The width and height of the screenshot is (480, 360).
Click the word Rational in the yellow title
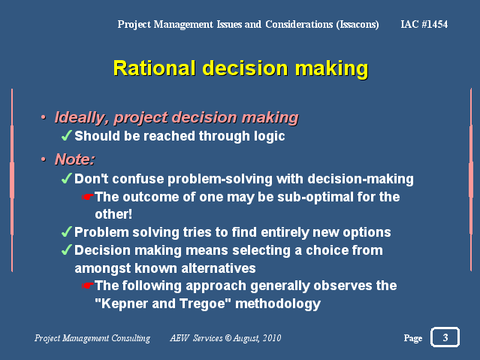154,68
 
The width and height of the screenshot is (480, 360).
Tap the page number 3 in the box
445,337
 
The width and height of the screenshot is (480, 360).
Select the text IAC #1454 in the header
424,24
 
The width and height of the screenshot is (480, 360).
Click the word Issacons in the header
358,25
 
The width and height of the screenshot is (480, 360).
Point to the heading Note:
75,159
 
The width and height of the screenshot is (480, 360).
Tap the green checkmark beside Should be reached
66,135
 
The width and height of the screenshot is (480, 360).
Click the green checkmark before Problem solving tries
66,231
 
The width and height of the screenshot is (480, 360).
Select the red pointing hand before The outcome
88,197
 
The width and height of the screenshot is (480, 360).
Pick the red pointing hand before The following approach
88,286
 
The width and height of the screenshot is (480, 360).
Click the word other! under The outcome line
113,214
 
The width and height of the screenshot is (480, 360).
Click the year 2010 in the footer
272,338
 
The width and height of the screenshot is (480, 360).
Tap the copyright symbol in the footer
228,338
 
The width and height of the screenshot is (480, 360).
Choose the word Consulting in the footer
131,338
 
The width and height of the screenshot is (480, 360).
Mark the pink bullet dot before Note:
44,159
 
